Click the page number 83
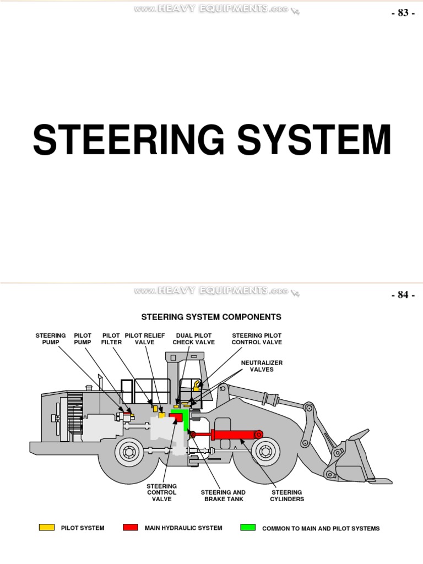[x=402, y=13]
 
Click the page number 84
[x=402, y=295]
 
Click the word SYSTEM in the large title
[x=315, y=140]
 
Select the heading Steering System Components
[x=211, y=317]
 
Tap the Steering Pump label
[x=51, y=339]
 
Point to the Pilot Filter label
[x=111, y=339]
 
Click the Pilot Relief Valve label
[x=145, y=339]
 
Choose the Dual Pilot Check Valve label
[x=193, y=339]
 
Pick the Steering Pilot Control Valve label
[x=257, y=339]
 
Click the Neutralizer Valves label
[x=262, y=366]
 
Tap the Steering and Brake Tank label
[x=223, y=496]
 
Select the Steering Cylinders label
[x=286, y=496]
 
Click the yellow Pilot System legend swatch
[x=47, y=528]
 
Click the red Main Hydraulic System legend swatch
[x=131, y=528]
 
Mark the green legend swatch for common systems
[x=248, y=528]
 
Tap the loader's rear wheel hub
[x=129, y=453]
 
